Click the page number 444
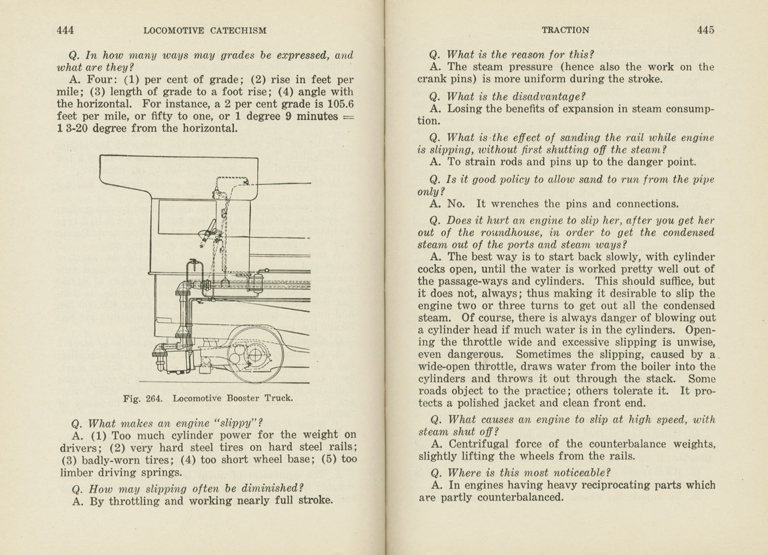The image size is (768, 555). pyautogui.click(x=65, y=30)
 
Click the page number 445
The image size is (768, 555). pyautogui.click(x=705, y=30)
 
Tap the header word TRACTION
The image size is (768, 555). pyautogui.click(x=565, y=30)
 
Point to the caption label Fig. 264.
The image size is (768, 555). pyautogui.click(x=143, y=399)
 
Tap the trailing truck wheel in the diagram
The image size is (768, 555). pyautogui.click(x=255, y=354)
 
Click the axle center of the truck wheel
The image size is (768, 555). pyautogui.click(x=255, y=356)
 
